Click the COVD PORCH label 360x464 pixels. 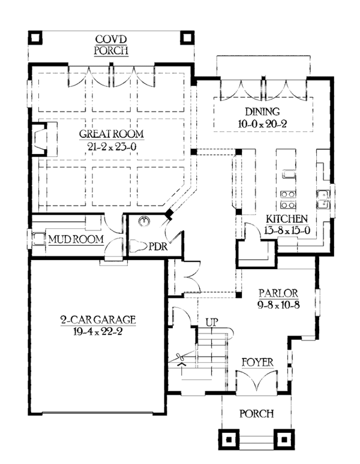[111, 46]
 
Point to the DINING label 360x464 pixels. [262, 111]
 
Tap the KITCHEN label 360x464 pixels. [287, 219]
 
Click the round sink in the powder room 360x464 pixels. [143, 221]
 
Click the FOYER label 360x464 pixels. [257, 363]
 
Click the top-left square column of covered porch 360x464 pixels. [35, 38]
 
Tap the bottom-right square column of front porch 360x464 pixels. [281, 439]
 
